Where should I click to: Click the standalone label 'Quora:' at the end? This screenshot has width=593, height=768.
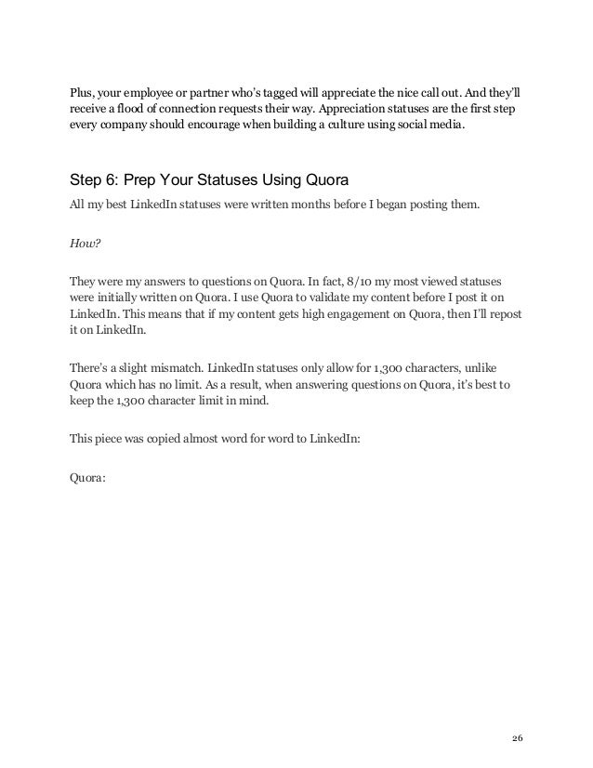tap(88, 481)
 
